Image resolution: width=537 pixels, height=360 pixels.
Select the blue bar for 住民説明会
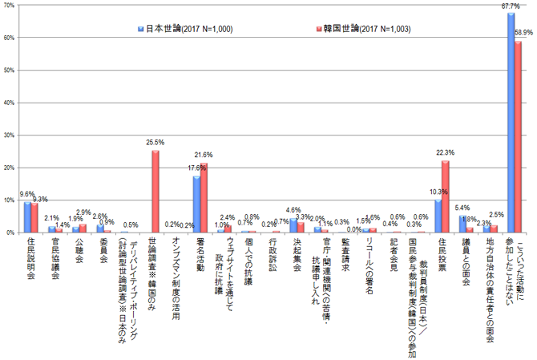tap(27, 217)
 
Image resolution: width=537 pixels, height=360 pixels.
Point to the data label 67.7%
tap(511, 6)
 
